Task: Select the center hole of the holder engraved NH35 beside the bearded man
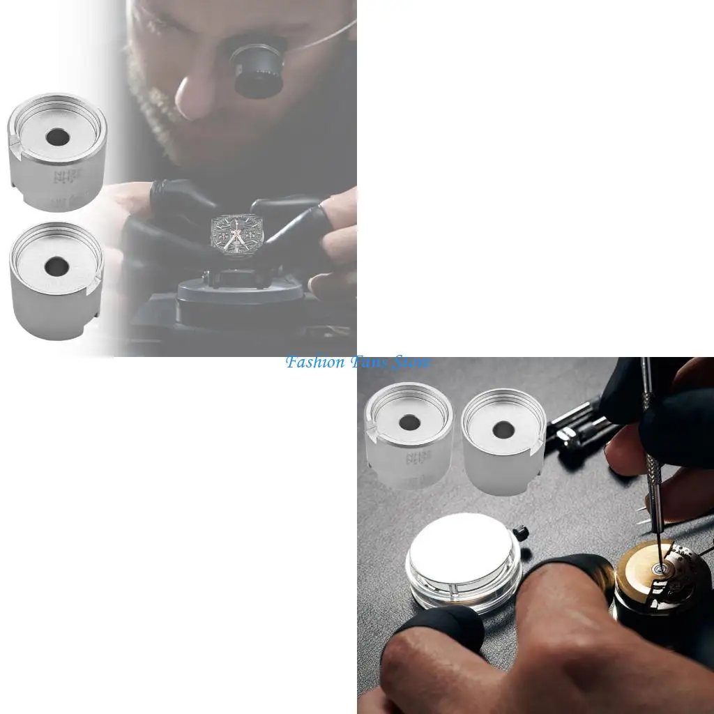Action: (x=57, y=137)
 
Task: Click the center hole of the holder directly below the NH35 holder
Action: (x=56, y=266)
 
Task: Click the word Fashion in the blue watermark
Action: (x=314, y=363)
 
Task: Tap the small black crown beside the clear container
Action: (x=520, y=533)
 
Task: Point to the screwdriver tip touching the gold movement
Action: (x=658, y=569)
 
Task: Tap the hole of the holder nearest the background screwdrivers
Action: (x=503, y=429)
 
